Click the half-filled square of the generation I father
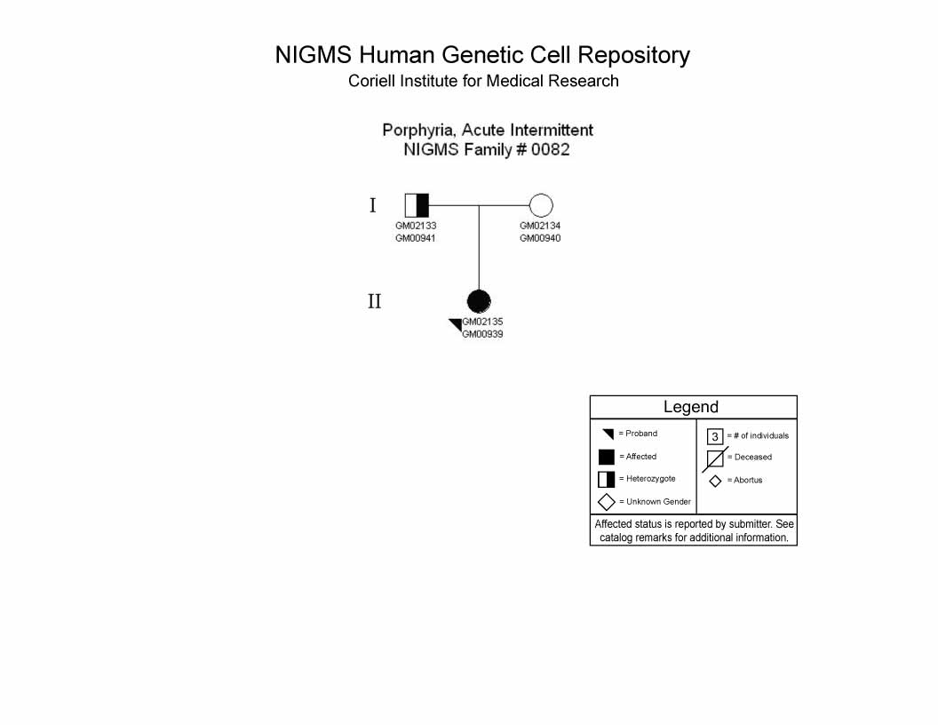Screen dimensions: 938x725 [x=417, y=205]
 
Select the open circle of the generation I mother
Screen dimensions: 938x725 [x=541, y=205]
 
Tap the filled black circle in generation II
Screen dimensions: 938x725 [x=479, y=301]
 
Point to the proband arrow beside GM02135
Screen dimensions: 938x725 [x=456, y=325]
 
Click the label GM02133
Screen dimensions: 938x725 [x=416, y=226]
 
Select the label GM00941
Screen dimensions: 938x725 [x=415, y=238]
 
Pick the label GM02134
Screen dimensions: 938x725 [x=540, y=226]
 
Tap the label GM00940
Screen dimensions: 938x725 [x=540, y=238]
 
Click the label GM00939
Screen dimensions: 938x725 [x=482, y=334]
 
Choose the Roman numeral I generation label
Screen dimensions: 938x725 [x=373, y=205]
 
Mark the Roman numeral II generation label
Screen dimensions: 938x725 [x=375, y=301]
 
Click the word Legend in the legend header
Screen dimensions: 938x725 [x=691, y=407]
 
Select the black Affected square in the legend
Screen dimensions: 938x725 [x=607, y=457]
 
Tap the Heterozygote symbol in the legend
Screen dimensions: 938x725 [x=607, y=479]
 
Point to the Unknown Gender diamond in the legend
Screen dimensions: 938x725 [x=607, y=502]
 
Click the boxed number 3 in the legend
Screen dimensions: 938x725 [x=715, y=436]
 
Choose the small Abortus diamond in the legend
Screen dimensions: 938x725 [x=715, y=481]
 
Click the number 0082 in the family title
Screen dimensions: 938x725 [x=551, y=149]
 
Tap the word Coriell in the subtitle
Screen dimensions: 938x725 [x=371, y=81]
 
